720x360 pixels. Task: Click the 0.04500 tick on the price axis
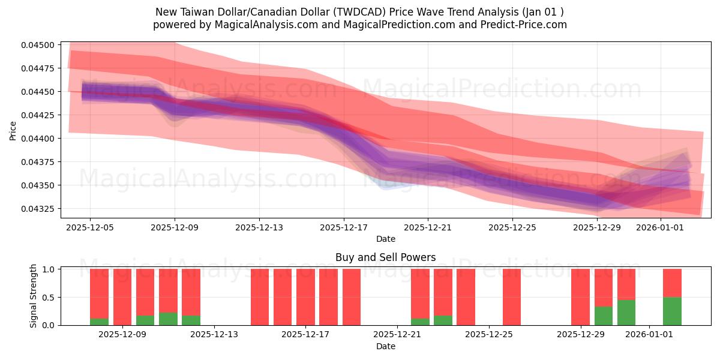coord(38,45)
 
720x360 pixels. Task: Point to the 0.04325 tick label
coord(38,209)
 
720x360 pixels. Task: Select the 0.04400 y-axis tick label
coord(38,139)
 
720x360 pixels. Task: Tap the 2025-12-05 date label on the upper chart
coord(90,227)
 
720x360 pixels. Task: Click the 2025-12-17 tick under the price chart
coord(344,227)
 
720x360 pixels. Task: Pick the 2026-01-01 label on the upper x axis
coord(660,227)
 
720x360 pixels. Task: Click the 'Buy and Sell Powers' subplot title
coord(385,257)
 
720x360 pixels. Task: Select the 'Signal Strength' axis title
coord(34,296)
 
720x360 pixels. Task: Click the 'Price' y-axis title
coord(13,130)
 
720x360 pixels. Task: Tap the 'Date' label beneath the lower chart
coord(385,346)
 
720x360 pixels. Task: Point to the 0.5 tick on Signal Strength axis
coord(49,297)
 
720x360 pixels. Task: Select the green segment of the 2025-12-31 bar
coord(626,312)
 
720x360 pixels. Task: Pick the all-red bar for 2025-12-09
coord(122,297)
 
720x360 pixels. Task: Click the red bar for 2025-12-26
coord(512,297)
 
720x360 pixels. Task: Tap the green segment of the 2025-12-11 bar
coord(168,319)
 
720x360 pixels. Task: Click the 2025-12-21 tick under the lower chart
coord(398,334)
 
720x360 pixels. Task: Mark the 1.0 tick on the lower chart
coord(49,269)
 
